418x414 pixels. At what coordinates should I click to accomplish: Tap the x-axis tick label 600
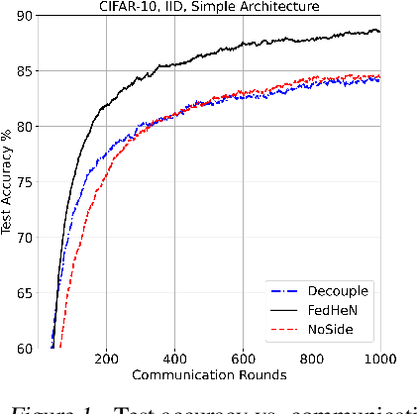243,361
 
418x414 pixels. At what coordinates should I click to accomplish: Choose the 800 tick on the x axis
311,361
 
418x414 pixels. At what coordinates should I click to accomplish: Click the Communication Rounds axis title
211,375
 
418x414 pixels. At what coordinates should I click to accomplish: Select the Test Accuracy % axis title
8,182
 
